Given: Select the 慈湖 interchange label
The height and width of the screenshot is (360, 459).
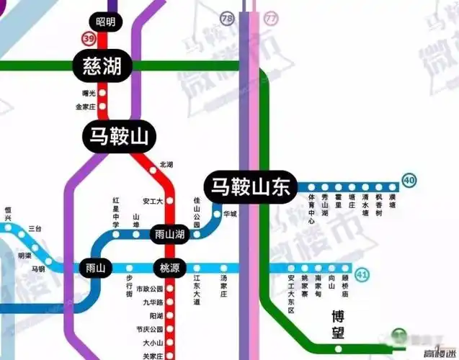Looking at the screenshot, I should tap(102, 67).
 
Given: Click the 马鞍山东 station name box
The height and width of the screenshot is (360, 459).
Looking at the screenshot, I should tap(249, 186).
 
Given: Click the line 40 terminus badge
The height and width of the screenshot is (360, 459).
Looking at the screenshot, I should tap(409, 181).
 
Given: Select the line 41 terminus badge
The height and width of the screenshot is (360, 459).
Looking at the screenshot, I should tap(362, 274).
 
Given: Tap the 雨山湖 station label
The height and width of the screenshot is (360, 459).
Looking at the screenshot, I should tap(170, 235).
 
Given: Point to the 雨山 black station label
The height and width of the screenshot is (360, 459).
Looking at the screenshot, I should tap(94, 268).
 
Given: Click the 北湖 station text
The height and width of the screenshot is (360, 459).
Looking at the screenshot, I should tap(166, 164).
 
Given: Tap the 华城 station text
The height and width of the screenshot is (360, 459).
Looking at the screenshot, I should tap(230, 215).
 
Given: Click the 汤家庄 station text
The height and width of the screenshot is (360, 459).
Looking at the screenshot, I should tap(223, 288).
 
